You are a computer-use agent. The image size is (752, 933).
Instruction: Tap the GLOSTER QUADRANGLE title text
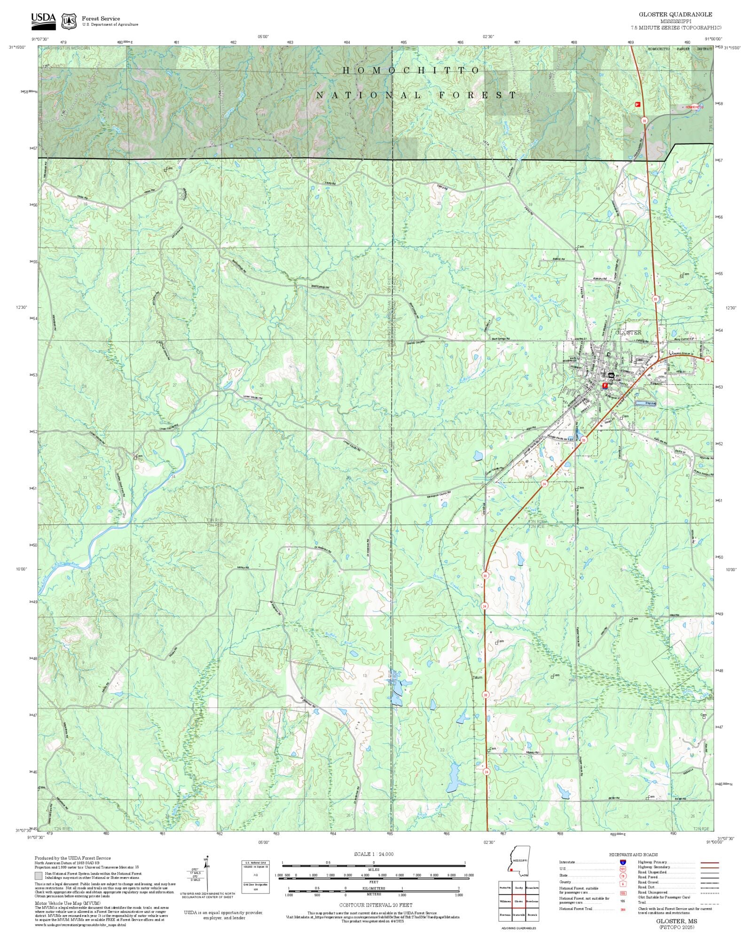675,15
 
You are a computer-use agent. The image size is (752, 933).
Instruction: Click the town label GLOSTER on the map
628,332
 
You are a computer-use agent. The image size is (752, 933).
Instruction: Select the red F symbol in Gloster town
605,385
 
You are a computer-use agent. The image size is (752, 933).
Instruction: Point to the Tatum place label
478,678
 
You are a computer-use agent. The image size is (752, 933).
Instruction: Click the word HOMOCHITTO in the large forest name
411,70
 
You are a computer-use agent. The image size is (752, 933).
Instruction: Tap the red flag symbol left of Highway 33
638,104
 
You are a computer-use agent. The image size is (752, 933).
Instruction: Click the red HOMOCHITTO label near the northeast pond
695,107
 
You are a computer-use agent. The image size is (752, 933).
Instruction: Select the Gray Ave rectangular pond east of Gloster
645,403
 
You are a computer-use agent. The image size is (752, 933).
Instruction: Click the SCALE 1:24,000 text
374,854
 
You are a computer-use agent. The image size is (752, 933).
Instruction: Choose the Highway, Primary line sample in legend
710,863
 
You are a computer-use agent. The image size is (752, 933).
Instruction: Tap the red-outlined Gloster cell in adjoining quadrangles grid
519,902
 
